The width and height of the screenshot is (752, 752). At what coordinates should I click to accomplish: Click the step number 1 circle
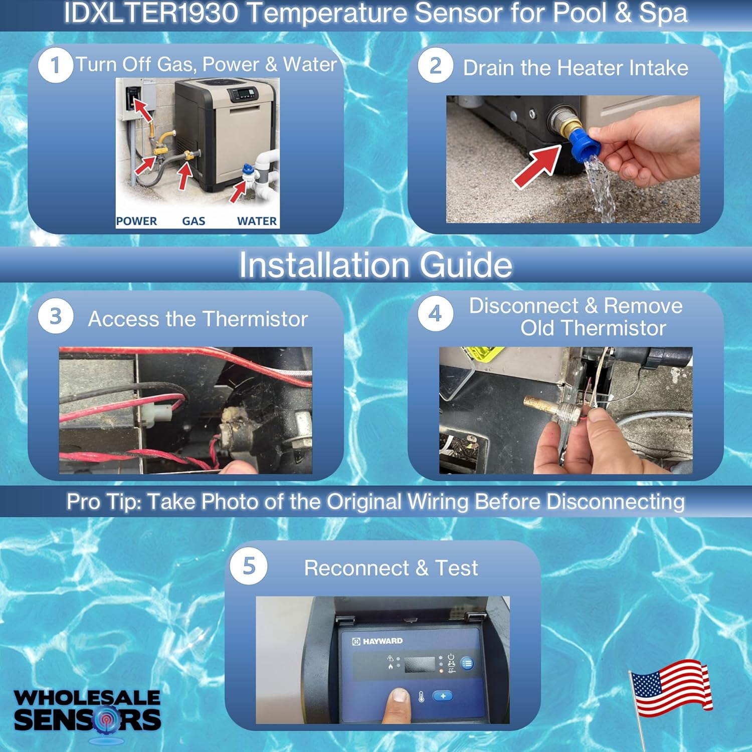[55, 65]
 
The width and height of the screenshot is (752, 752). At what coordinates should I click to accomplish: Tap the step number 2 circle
[435, 66]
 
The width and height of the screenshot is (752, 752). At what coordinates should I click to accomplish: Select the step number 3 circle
[56, 316]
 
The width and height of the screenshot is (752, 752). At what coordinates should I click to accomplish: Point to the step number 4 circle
[435, 314]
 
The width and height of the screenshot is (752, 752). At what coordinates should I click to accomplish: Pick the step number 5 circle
[249, 567]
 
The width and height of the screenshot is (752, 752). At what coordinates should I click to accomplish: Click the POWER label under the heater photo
[136, 221]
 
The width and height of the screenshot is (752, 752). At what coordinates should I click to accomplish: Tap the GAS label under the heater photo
[194, 221]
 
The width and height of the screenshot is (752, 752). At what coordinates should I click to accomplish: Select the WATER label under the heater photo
[257, 221]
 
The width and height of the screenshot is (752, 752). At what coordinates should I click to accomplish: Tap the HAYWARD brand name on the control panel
[383, 641]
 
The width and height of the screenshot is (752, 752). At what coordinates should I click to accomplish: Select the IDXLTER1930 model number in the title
[151, 13]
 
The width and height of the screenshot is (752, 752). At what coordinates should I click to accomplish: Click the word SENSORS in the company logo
[88, 719]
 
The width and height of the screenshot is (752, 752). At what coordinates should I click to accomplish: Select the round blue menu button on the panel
[467, 664]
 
